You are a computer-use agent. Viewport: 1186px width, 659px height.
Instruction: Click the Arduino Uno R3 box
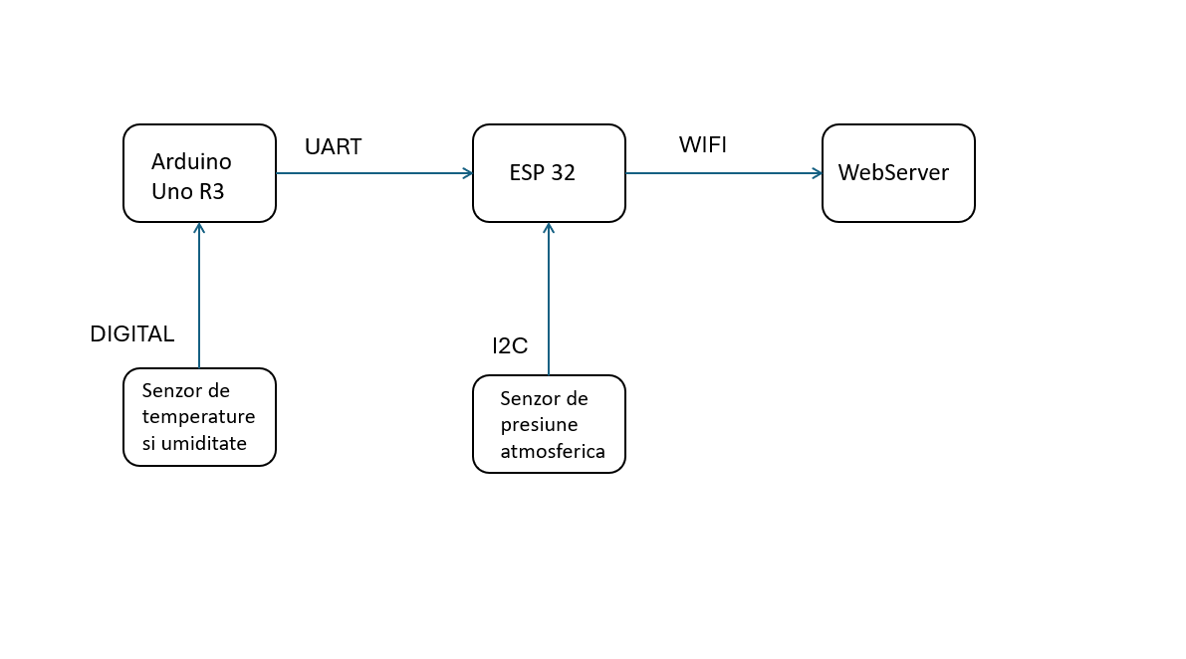tap(199, 173)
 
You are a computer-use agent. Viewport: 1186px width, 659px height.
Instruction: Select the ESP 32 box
tap(549, 173)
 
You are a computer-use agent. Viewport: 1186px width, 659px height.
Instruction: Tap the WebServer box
tap(898, 173)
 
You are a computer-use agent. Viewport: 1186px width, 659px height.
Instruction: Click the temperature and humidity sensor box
tap(199, 417)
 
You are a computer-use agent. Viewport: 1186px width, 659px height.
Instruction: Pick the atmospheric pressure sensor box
tap(549, 424)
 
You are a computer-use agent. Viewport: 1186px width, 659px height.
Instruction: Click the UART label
tap(333, 147)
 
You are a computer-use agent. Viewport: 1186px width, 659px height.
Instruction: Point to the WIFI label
tap(702, 145)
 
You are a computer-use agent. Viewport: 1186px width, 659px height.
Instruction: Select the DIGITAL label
tap(131, 334)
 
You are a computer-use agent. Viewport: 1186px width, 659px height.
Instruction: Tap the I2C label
tap(510, 346)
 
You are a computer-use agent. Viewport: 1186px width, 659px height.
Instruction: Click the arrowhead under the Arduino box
tap(199, 228)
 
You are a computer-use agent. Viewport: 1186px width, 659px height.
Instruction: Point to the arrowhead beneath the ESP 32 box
tap(549, 228)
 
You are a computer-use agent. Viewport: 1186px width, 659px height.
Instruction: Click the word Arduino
tap(191, 161)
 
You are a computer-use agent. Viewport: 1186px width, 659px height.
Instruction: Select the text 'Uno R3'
tap(188, 192)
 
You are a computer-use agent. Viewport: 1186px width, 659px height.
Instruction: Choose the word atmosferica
tap(553, 451)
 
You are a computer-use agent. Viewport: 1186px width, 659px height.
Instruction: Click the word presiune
tap(539, 425)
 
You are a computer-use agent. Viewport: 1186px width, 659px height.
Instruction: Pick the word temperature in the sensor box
tap(198, 417)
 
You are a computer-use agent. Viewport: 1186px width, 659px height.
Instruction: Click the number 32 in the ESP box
tap(562, 172)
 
